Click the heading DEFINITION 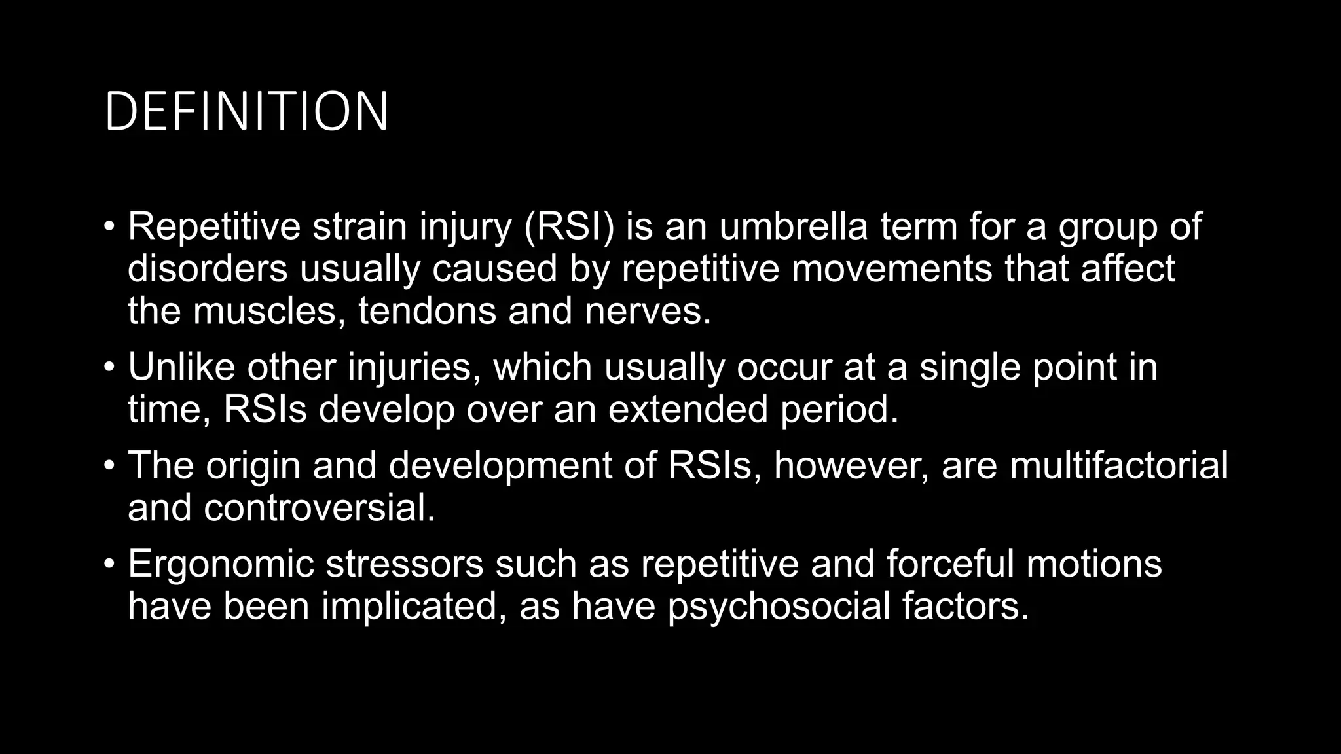point(246,112)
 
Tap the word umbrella point(794,226)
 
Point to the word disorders point(208,268)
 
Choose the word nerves point(647,311)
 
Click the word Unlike point(181,367)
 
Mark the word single point(970,367)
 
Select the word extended point(688,409)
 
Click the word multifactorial point(1118,465)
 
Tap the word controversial point(319,508)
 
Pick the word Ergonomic point(221,564)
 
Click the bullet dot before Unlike point(109,367)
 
